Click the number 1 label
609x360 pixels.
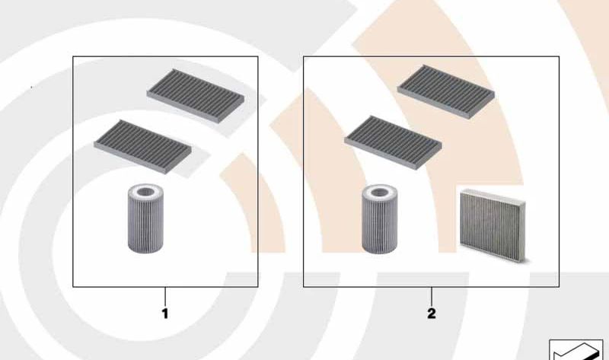[x=165, y=314]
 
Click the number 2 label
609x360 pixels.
[x=432, y=314]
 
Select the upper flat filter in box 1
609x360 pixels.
[x=196, y=96]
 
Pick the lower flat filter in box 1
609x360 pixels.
[x=143, y=146]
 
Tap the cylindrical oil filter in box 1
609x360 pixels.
[x=145, y=218]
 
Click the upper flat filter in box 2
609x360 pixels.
[x=446, y=91]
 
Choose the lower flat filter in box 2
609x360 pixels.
[x=393, y=142]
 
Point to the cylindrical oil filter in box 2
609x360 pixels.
[x=379, y=219]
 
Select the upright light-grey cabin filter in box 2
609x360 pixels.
[x=493, y=225]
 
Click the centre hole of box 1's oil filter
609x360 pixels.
[x=145, y=191]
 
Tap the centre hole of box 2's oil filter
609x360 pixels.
[x=379, y=192]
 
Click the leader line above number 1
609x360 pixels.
[x=165, y=297]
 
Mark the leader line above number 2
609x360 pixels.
[x=432, y=297]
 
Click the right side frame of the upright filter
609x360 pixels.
[x=523, y=231]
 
